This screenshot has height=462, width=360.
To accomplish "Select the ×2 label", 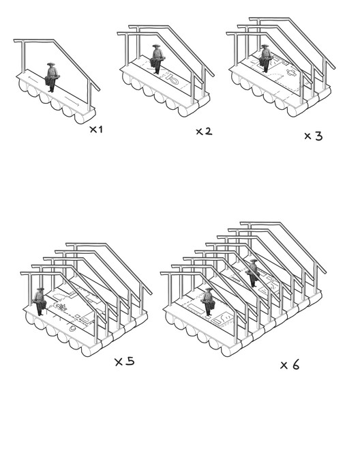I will [203, 131].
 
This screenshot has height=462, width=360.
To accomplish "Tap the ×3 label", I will [313, 136].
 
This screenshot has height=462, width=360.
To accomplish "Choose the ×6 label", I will [290, 365].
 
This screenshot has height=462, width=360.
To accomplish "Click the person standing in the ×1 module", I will [51, 77].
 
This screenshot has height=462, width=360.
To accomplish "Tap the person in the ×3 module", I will [265, 59].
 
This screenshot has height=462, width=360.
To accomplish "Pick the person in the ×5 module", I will [40, 301].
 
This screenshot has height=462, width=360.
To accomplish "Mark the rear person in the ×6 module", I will [253, 272].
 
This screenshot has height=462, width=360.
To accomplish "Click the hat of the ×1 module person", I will [51, 64].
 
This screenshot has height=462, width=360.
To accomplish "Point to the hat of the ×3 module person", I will [265, 46].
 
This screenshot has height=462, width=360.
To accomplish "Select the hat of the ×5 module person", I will [40, 289].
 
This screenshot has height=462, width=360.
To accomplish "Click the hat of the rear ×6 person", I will [253, 260].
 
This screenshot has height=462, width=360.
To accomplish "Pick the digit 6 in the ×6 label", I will [295, 365].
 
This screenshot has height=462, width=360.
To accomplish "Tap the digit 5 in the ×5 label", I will [130, 361].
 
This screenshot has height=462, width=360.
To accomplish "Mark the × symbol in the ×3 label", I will [307, 136].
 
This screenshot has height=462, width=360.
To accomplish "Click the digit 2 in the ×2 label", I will [208, 131].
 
